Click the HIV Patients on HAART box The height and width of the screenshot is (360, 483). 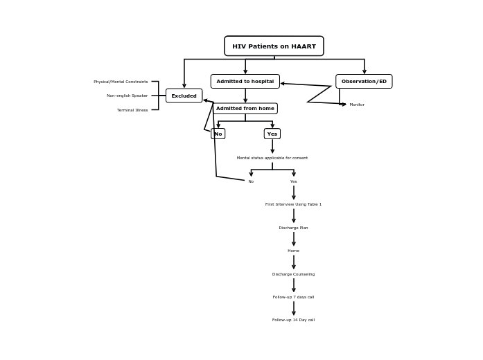[x=274, y=46]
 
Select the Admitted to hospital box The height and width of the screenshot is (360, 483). [x=245, y=82]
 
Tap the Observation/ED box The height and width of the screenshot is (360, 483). [x=364, y=82]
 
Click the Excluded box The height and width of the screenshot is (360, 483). [x=184, y=96]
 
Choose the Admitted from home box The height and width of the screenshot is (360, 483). [x=245, y=109]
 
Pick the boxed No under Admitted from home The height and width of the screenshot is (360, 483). [x=218, y=134]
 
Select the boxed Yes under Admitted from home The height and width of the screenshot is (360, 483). [x=272, y=134]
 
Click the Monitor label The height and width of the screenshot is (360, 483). [x=357, y=105]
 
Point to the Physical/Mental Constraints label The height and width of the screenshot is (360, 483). [x=121, y=82]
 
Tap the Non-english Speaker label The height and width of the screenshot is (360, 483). [x=127, y=96]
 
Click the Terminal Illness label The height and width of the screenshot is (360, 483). [x=132, y=110]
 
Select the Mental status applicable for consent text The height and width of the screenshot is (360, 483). [x=272, y=158]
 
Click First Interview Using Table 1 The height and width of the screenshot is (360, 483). [x=293, y=204]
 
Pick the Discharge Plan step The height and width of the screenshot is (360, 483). [x=293, y=228]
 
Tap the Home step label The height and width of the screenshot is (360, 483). [x=293, y=251]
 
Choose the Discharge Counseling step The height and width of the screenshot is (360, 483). [x=293, y=274]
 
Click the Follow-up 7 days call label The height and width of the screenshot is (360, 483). [x=293, y=297]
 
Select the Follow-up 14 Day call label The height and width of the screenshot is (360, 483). [x=293, y=320]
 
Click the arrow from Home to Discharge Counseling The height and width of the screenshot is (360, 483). [x=293, y=262]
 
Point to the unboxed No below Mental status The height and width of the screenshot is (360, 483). [x=251, y=181]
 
